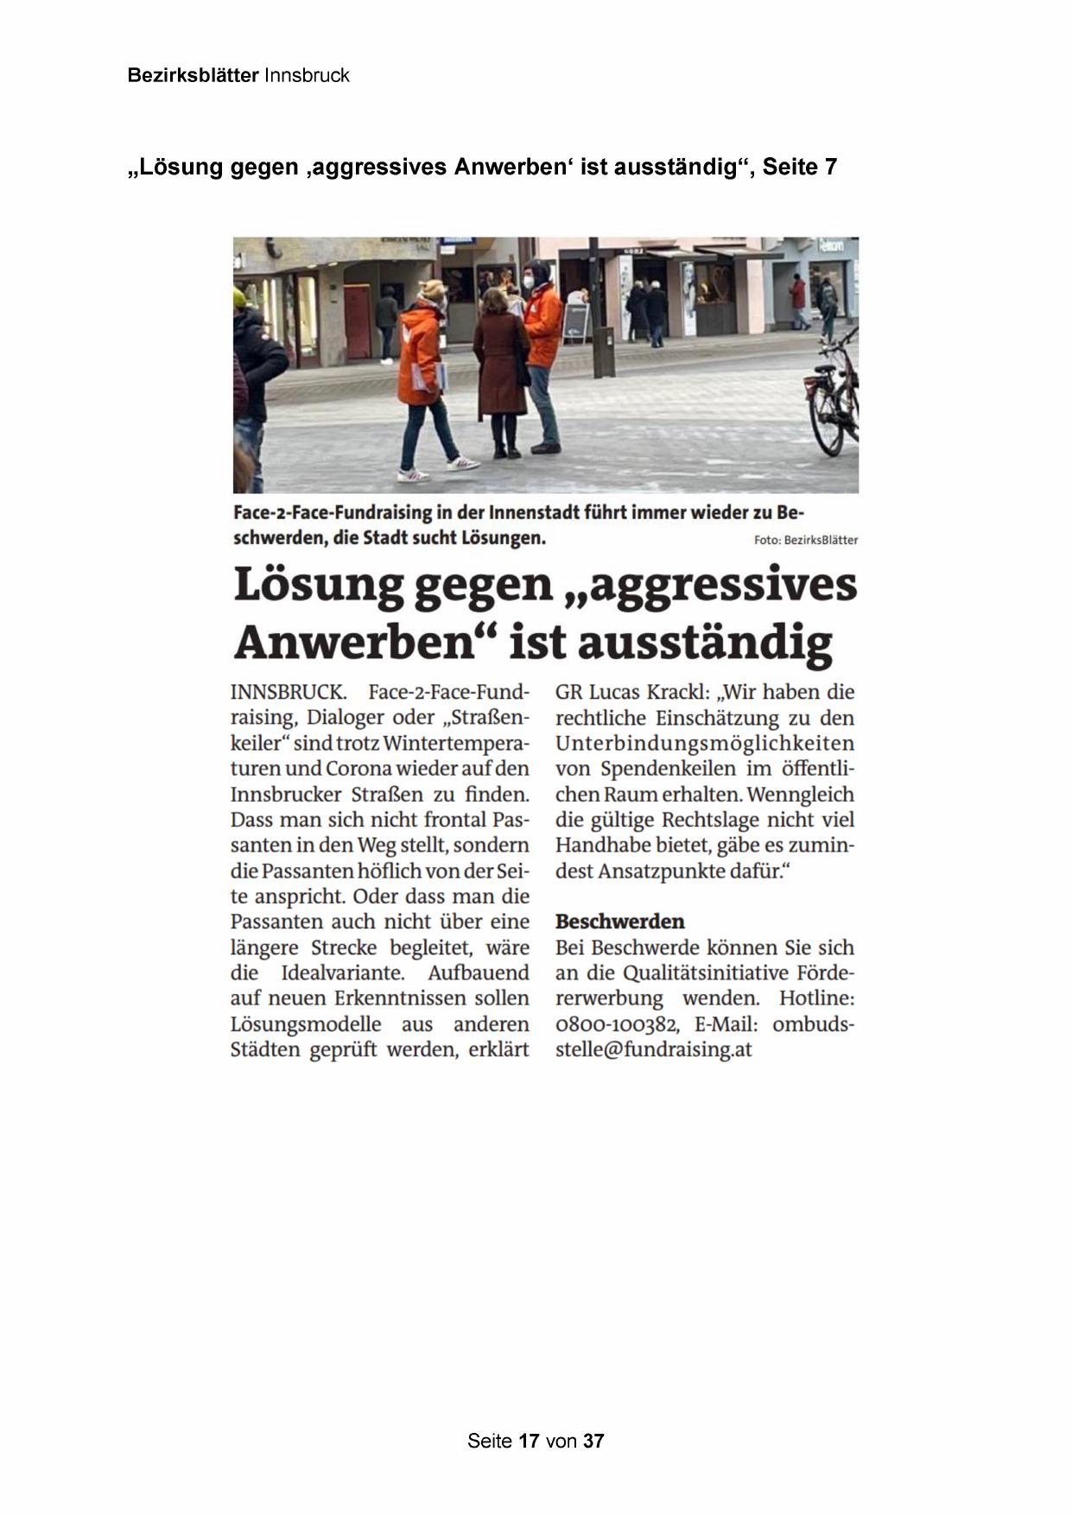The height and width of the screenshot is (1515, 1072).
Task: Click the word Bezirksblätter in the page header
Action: (x=193, y=75)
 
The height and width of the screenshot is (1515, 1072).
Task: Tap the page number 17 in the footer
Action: (x=529, y=1441)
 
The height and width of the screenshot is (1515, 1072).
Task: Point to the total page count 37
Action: (x=593, y=1441)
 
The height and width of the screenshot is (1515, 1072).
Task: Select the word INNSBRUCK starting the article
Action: (x=288, y=693)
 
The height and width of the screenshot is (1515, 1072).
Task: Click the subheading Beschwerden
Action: (x=619, y=921)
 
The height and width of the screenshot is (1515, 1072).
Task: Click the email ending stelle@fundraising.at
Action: (x=653, y=1050)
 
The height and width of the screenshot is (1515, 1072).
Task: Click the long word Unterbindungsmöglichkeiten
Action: (x=704, y=744)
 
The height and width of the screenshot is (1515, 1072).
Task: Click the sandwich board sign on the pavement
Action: (x=576, y=321)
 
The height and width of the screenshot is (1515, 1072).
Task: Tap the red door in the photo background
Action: (x=357, y=321)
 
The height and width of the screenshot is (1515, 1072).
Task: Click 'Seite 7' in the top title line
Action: (x=799, y=167)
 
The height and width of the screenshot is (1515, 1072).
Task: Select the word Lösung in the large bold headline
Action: (x=319, y=585)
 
